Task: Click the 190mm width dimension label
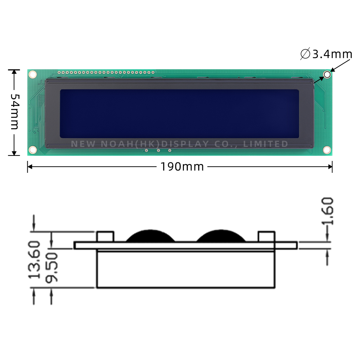(x=182, y=167)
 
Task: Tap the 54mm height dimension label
(x=14, y=112)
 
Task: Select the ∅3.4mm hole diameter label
(x=326, y=54)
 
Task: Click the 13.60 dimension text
(x=35, y=260)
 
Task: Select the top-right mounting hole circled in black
(x=327, y=75)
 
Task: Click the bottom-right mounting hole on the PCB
(x=327, y=149)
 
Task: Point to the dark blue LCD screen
(x=179, y=113)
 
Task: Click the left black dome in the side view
(x=150, y=237)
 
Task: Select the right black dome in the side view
(x=221, y=237)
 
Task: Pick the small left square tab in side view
(x=105, y=237)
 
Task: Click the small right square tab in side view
(x=267, y=237)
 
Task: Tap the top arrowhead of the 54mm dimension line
(x=14, y=72)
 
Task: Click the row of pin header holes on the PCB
(x=106, y=72)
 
